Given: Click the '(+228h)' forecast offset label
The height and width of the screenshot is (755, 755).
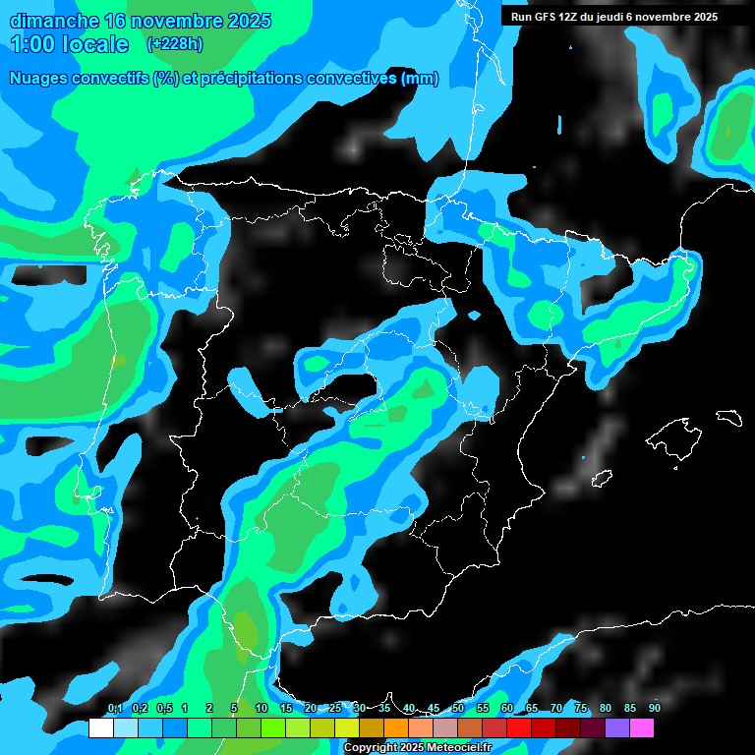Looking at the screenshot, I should pos(175,44).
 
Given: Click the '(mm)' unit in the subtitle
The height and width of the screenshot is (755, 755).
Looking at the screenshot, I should pos(420,79).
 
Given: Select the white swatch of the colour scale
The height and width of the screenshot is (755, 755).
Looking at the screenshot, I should pos(100,728).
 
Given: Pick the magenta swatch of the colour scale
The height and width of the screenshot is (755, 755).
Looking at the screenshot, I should pos(642,728).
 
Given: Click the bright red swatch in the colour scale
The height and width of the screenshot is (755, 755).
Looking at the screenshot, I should pos(519,728).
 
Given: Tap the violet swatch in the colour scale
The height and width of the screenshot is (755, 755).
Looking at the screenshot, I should pos(617,728).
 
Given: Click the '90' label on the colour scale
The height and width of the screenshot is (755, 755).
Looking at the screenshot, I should pos(654,708).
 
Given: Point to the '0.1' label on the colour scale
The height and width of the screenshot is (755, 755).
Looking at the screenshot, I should pos(114,708).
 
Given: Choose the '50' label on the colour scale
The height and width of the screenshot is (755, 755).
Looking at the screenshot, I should pos(457,708).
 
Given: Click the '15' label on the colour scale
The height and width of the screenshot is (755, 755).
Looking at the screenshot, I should pos(285,708).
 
